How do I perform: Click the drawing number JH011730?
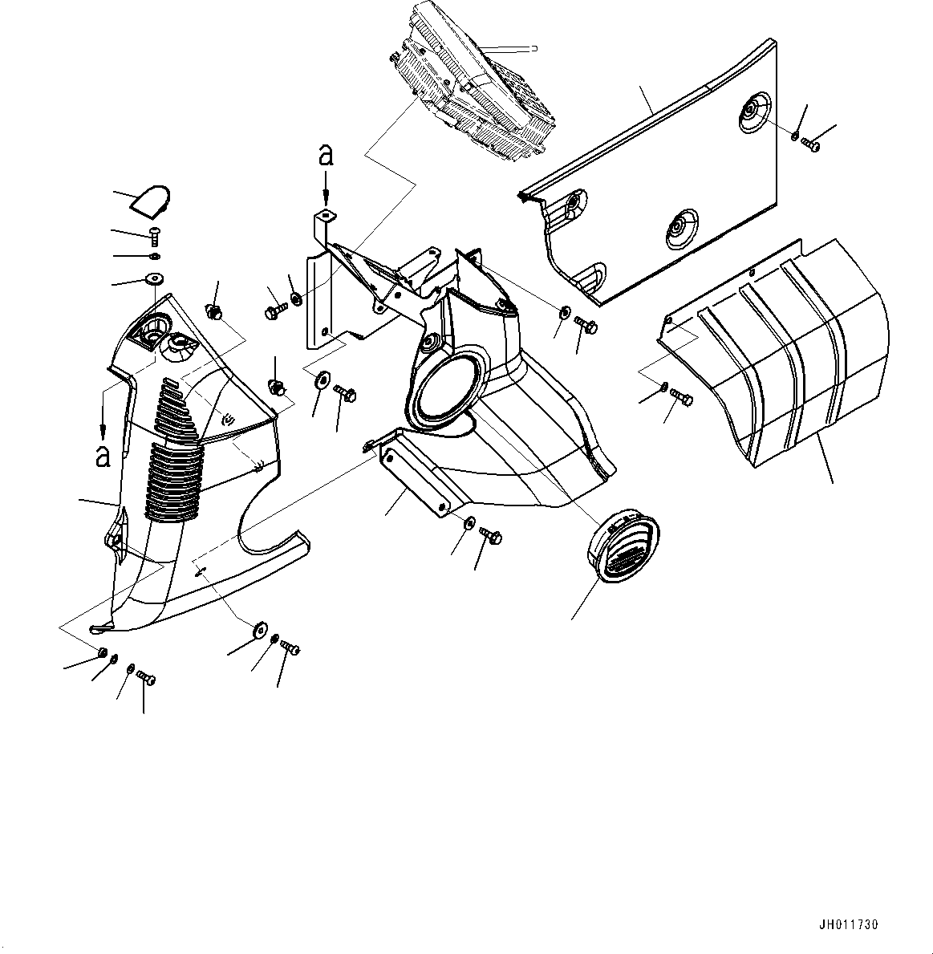point(849,925)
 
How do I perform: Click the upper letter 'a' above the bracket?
point(326,155)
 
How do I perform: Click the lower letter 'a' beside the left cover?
point(103,456)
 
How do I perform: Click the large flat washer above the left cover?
point(155,279)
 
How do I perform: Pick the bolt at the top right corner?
point(811,144)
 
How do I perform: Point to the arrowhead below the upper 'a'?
point(327,197)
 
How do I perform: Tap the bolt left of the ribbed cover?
point(682,397)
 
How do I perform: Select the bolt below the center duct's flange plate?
point(490,535)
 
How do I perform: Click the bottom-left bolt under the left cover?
point(145,677)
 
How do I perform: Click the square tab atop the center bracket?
point(326,215)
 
